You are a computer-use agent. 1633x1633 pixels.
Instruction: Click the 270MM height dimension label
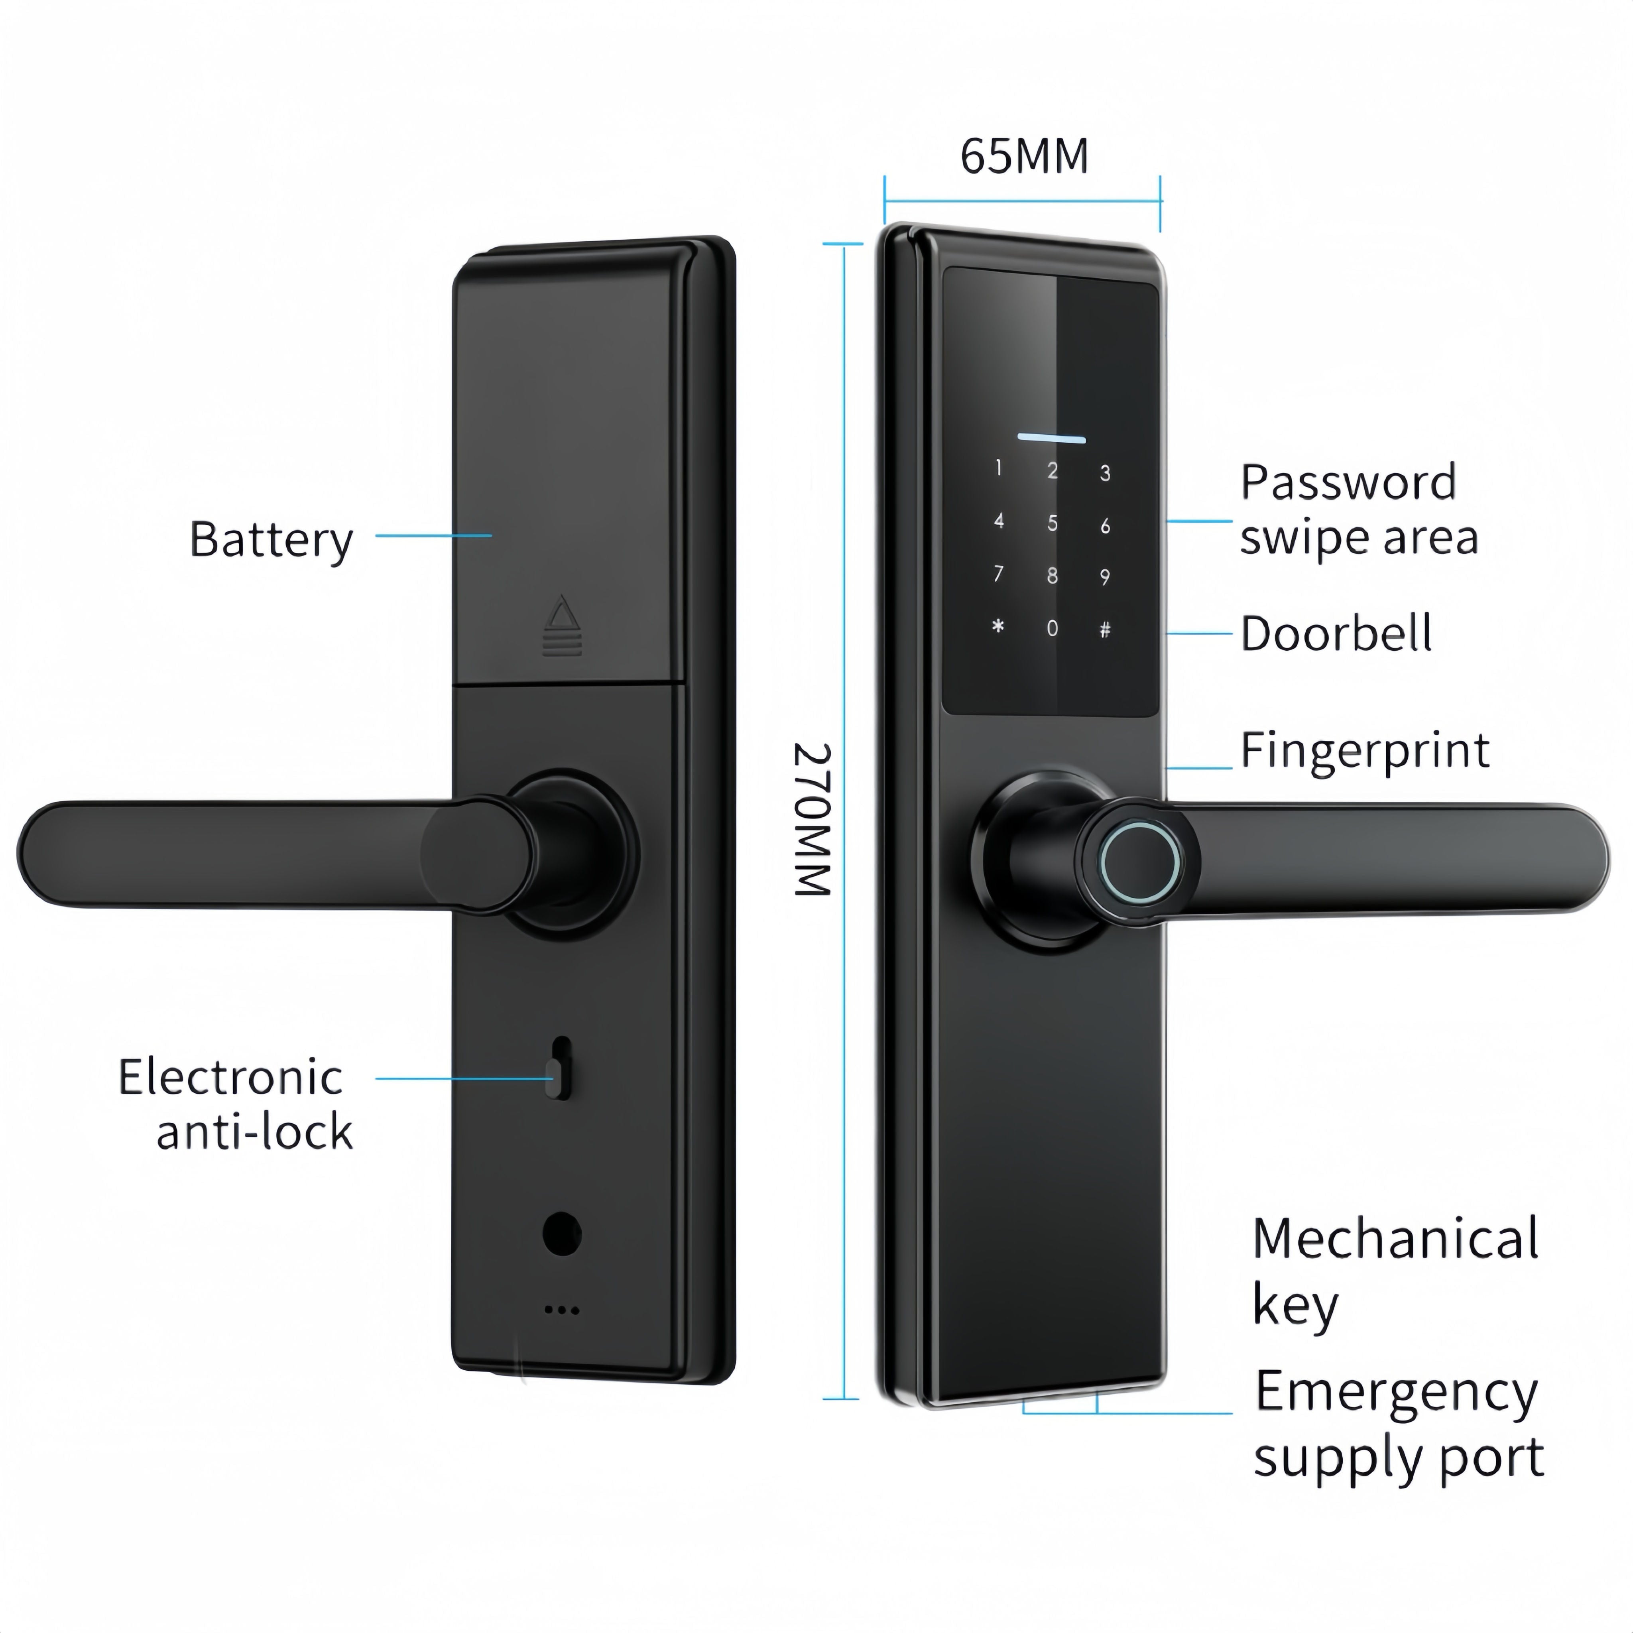[x=813, y=820]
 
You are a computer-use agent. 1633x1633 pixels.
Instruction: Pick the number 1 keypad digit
[x=999, y=468]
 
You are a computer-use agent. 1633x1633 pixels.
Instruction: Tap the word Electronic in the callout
[x=230, y=1078]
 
